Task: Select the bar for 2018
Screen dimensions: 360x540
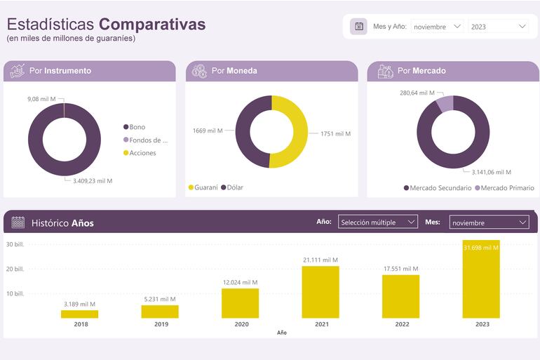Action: pos(79,314)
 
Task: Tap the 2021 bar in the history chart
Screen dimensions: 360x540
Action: pos(320,292)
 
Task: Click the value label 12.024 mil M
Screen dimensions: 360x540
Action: pos(240,283)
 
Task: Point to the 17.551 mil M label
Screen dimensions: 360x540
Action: pos(400,269)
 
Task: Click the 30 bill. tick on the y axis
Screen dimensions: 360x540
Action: pos(15,244)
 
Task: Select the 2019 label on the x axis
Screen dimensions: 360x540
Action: pos(161,324)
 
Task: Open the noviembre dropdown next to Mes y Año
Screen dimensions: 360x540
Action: pos(437,27)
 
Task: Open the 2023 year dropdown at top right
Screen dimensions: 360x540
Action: pos(499,27)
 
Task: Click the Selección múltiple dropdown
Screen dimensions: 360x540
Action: pos(377,222)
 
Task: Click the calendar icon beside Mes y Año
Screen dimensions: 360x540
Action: pos(359,27)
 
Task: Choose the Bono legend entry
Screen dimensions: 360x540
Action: pos(137,127)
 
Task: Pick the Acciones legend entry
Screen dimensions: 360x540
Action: pos(142,153)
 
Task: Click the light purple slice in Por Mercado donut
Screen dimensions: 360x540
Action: pos(445,104)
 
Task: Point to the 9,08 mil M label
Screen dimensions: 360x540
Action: pos(42,99)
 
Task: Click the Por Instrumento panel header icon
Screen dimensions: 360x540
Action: pos(17,71)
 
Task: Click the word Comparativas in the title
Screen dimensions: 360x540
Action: pos(152,24)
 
